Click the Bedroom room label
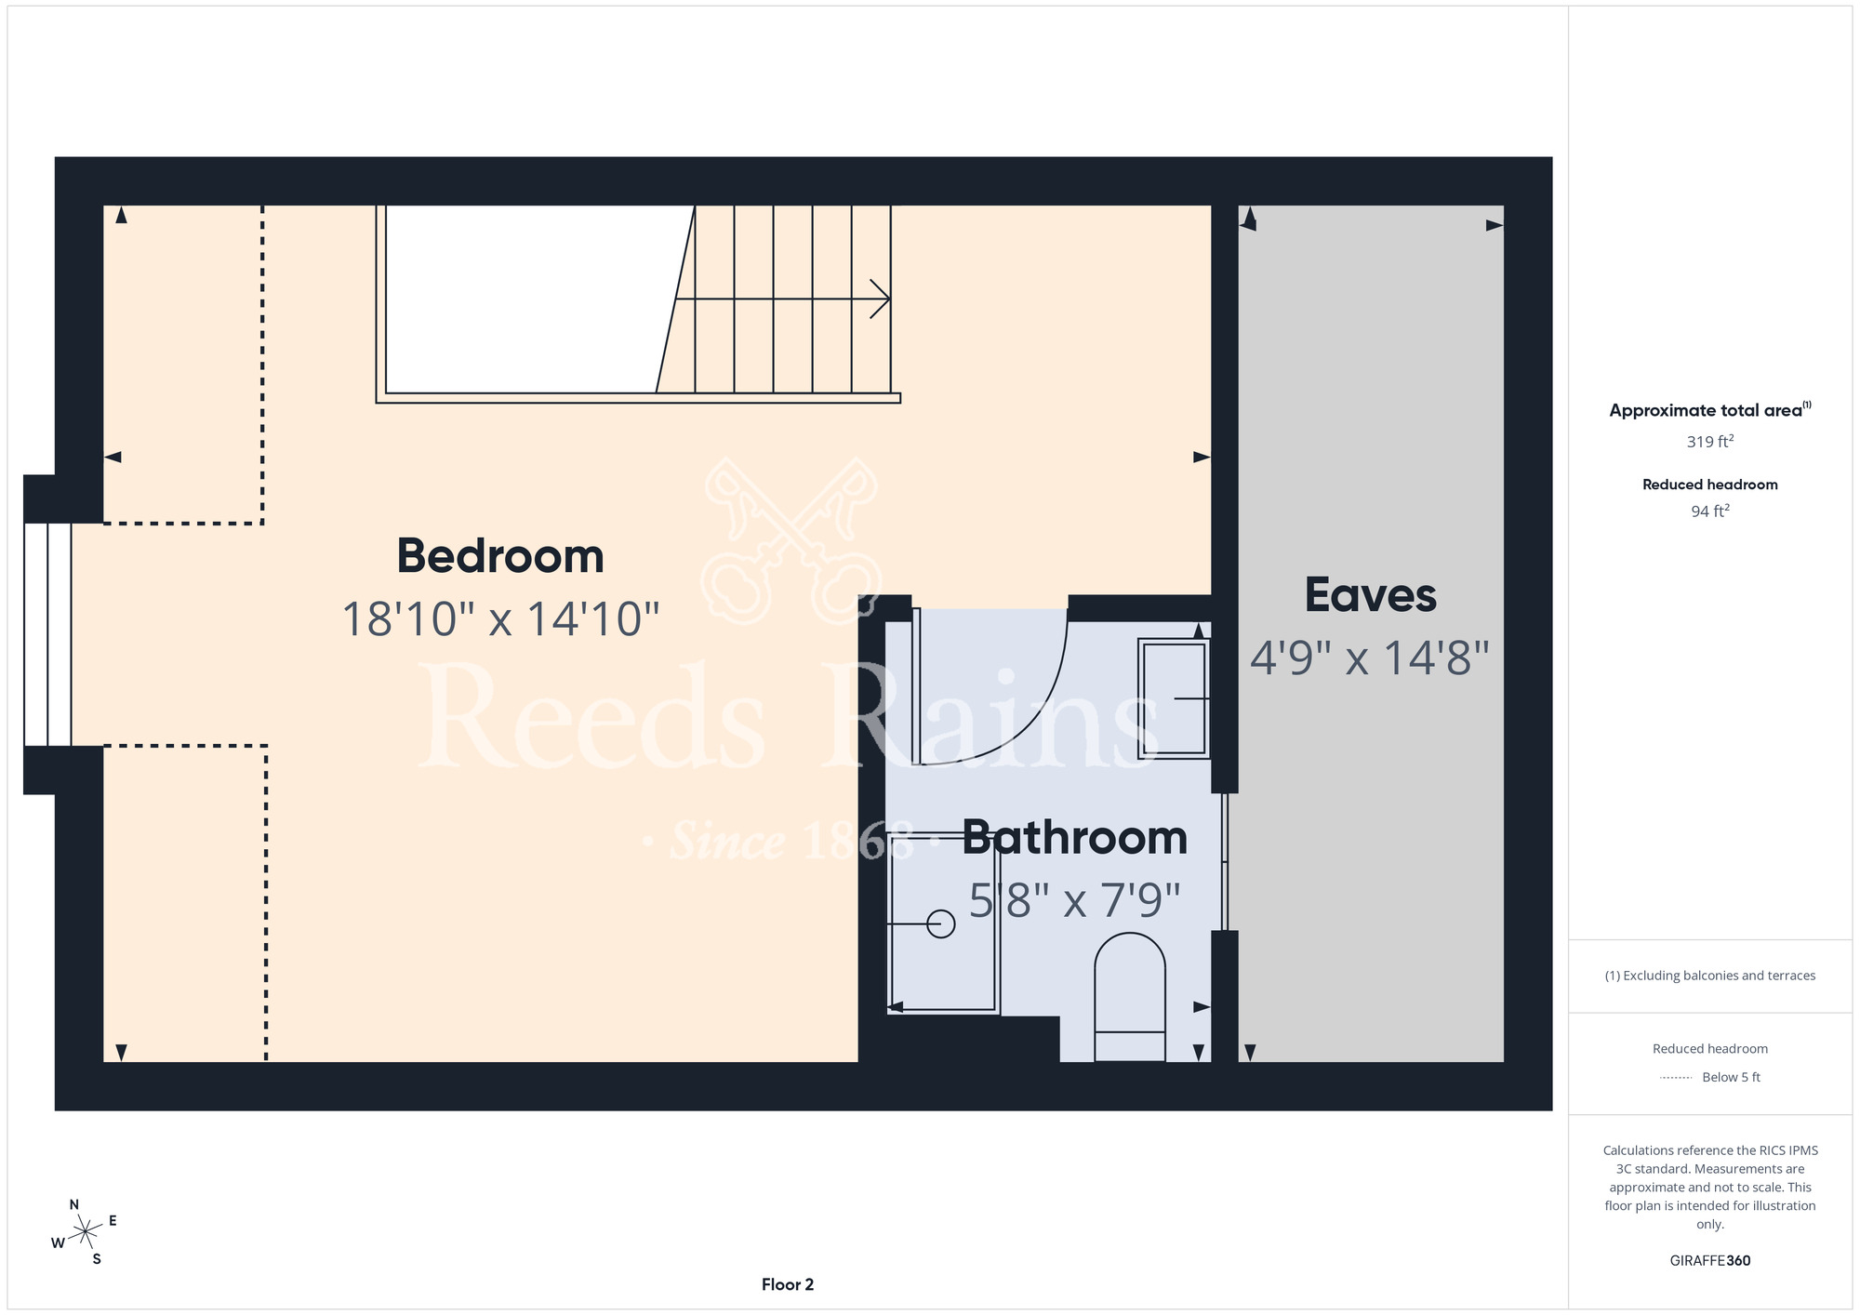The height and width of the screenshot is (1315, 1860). click(500, 556)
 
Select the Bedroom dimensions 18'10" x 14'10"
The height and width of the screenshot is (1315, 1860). click(500, 619)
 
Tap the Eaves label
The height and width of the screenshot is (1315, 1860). click(1371, 595)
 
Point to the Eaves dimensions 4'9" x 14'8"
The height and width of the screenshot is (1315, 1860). click(1370, 658)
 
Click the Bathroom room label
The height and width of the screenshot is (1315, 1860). click(1075, 838)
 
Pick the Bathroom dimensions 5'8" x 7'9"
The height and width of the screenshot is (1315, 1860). click(1075, 900)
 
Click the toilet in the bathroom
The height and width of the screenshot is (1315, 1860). click(1130, 997)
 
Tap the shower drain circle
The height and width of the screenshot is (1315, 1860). click(941, 923)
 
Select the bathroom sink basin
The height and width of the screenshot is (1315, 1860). click(1174, 698)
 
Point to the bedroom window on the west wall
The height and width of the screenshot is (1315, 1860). click(47, 634)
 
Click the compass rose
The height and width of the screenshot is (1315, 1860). click(85, 1232)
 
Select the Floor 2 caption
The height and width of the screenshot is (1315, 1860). click(788, 1284)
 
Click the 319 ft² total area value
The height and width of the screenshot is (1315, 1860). click(1710, 441)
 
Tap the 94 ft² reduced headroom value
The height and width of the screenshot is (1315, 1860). click(1710, 511)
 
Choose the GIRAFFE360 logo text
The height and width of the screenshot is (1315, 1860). click(1710, 1261)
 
